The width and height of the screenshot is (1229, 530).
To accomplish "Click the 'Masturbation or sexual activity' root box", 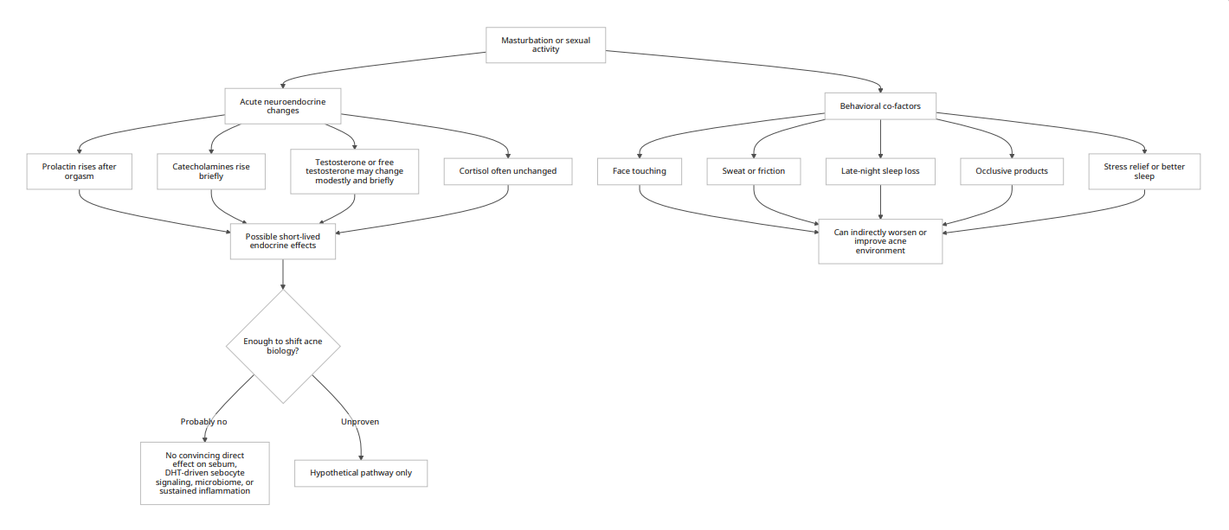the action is click(545, 45).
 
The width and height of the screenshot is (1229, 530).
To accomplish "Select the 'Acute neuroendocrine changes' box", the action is click(282, 105).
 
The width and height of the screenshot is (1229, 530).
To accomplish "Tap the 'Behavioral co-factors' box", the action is click(880, 105).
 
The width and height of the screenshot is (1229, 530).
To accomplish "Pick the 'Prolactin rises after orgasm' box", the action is click(79, 171).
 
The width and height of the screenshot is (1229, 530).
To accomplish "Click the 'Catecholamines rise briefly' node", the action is click(211, 171).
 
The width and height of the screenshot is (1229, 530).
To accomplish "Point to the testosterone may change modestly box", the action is click(355, 171).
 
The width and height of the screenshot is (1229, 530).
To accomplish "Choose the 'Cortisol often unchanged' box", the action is click(508, 171).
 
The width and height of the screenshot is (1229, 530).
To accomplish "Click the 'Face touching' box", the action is click(640, 171).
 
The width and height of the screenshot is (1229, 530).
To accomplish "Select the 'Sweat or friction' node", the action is click(753, 171).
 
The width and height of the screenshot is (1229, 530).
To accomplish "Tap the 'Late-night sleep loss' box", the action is click(880, 171).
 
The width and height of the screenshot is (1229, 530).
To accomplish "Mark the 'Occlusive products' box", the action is click(1012, 171).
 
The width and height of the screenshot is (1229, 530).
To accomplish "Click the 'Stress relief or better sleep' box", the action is click(1144, 171).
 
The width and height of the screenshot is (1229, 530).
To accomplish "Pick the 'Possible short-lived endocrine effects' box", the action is click(282, 241).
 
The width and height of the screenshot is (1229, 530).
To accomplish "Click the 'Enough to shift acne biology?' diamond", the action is click(283, 347).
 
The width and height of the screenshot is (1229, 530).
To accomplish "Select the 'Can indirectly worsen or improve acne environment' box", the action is click(880, 241).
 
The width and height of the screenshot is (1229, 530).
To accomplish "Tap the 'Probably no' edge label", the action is click(203, 421).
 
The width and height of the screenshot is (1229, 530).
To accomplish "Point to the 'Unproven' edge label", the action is click(360, 421).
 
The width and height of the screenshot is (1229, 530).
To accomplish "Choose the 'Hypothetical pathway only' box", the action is click(361, 473).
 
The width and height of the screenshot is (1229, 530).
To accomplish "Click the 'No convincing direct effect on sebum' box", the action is click(204, 473).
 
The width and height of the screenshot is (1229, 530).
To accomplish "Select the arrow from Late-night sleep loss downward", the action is click(880, 202).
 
